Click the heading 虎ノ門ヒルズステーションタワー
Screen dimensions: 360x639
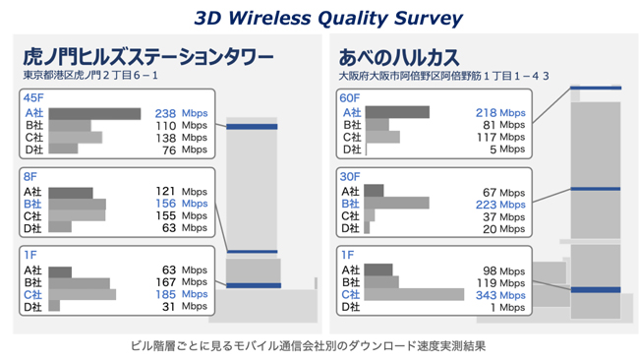tap(148, 56)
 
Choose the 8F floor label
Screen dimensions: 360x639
tap(31, 177)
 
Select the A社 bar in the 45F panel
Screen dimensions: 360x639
tap(94, 113)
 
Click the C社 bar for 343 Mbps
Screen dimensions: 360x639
tap(414, 294)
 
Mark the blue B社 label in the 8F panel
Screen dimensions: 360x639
tap(33, 204)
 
